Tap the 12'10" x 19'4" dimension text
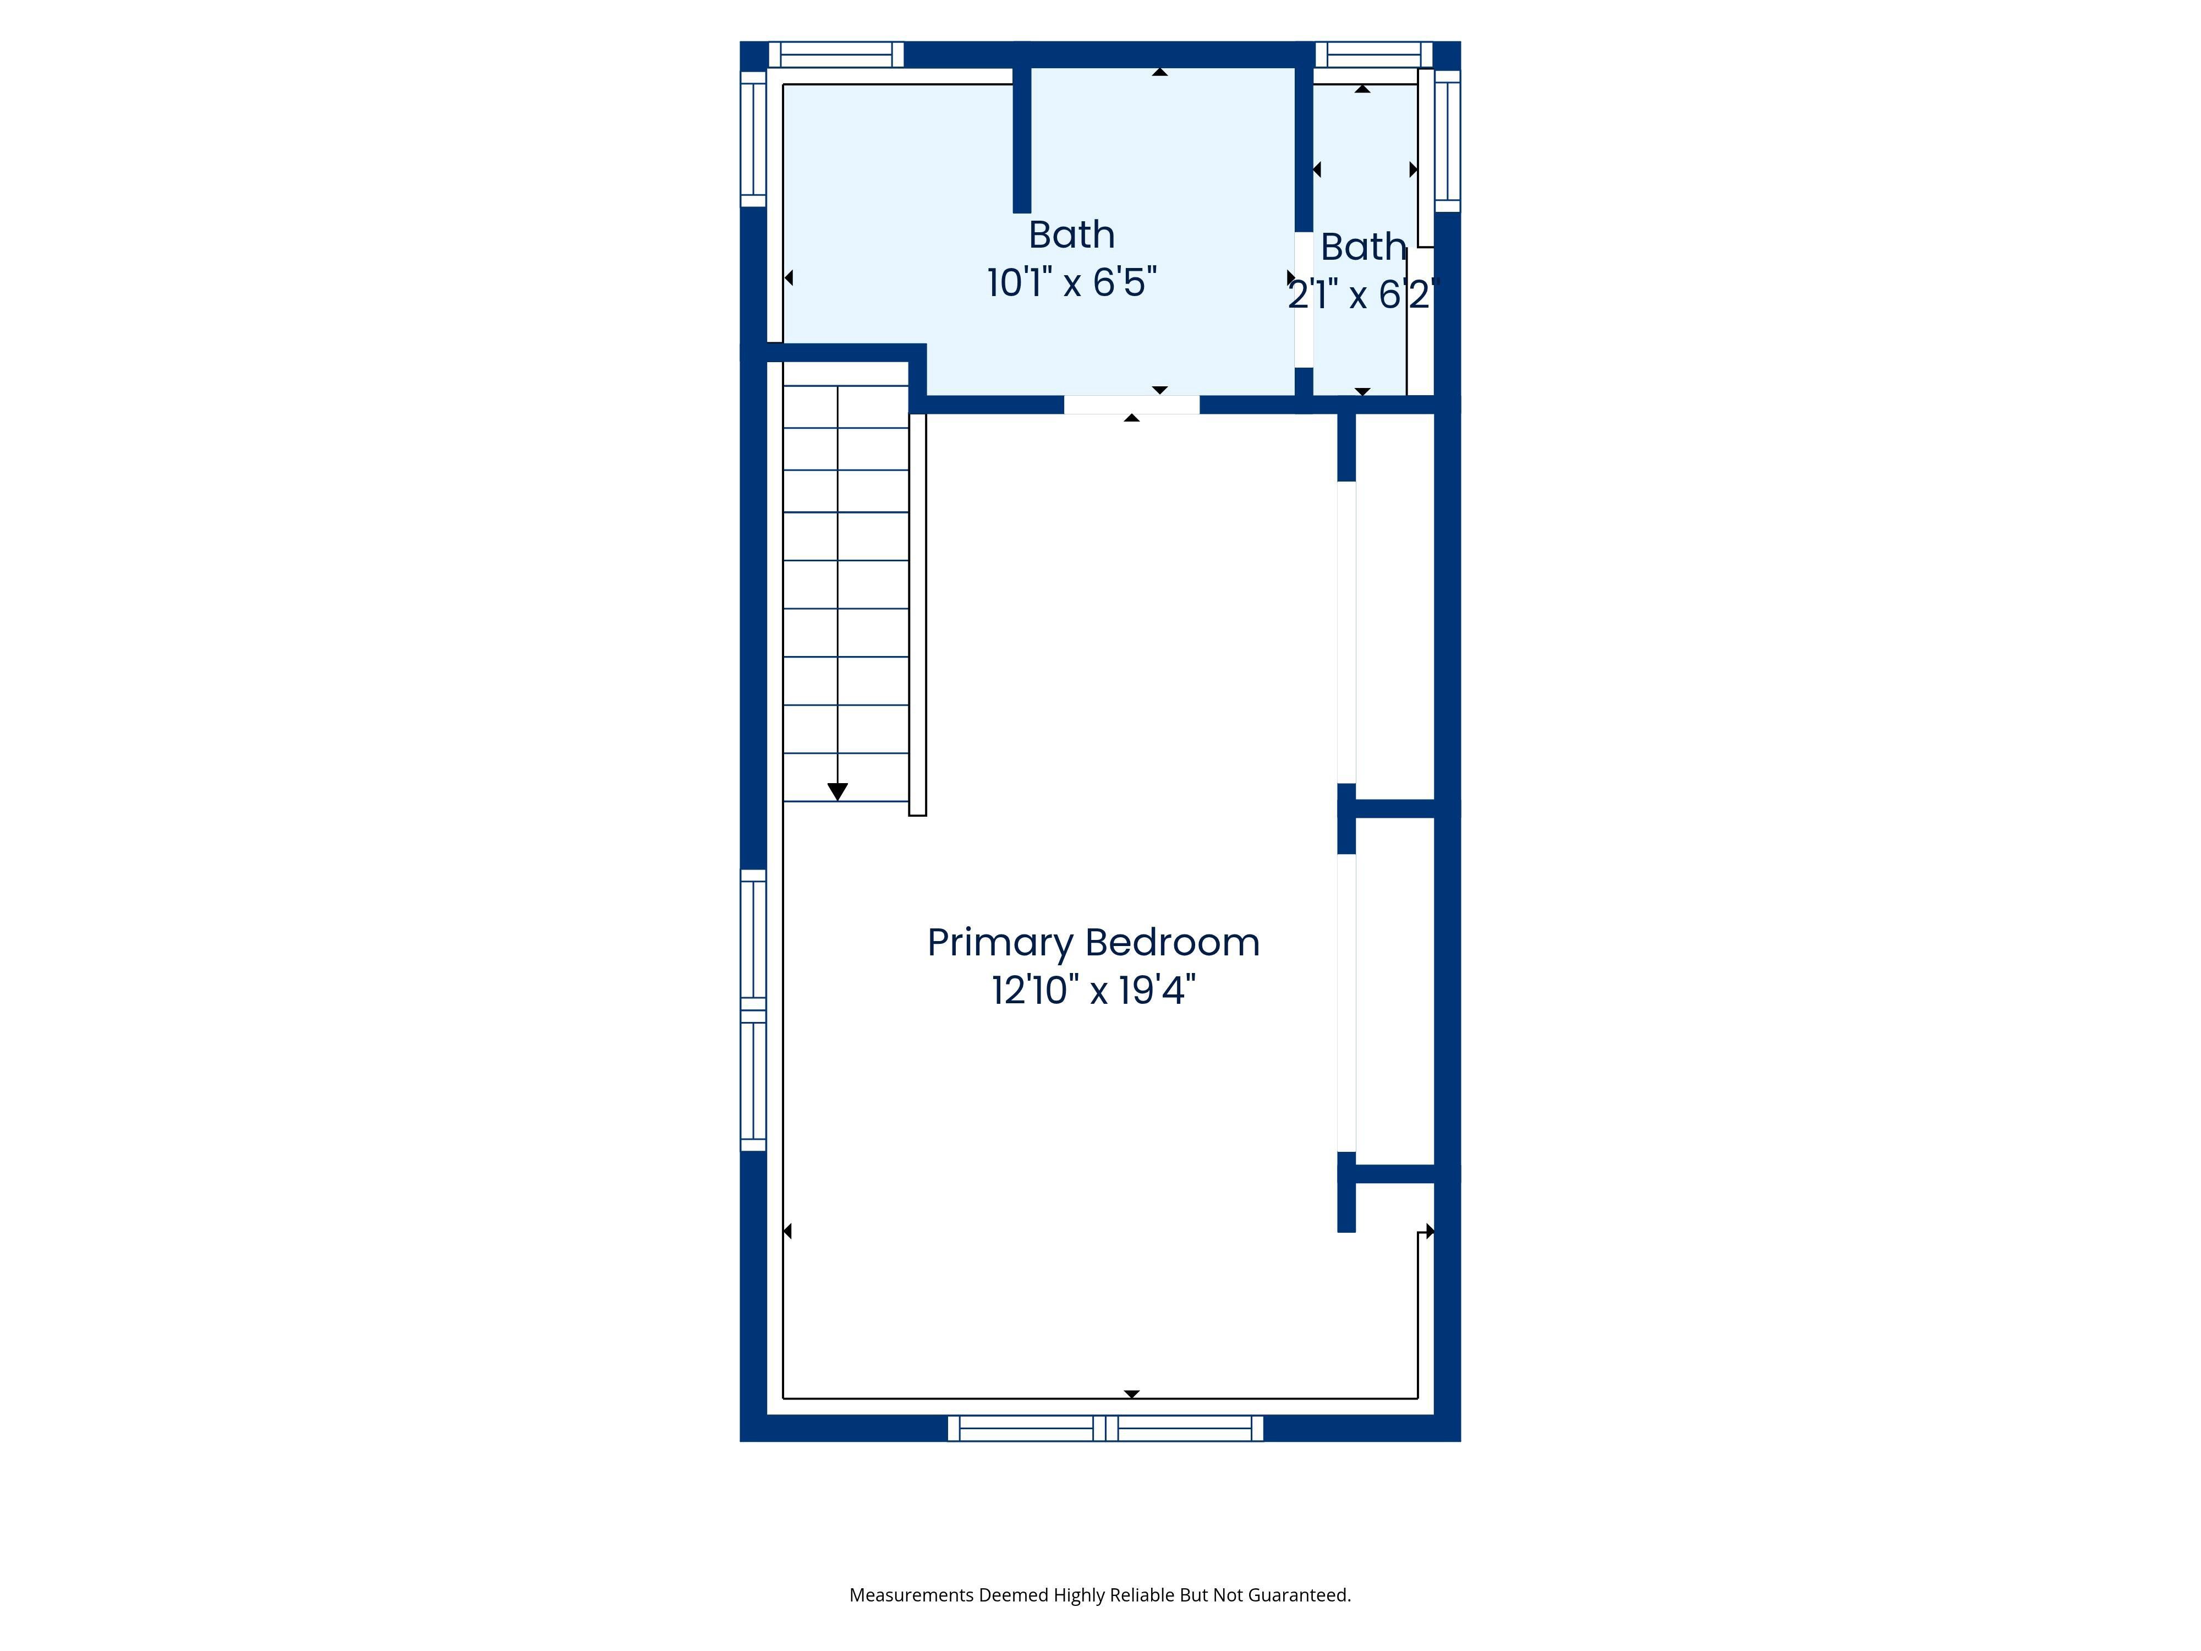pyautogui.click(x=1093, y=990)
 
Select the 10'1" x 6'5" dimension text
pyautogui.click(x=1072, y=283)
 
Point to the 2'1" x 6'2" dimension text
pyautogui.click(x=1363, y=294)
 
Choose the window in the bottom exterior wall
pyautogui.click(x=1105, y=1428)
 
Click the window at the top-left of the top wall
pyautogui.click(x=836, y=54)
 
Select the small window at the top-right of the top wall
pyautogui.click(x=1374, y=54)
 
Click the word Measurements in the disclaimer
pyautogui.click(x=911, y=1595)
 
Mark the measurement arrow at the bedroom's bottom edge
pyautogui.click(x=1131, y=1394)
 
